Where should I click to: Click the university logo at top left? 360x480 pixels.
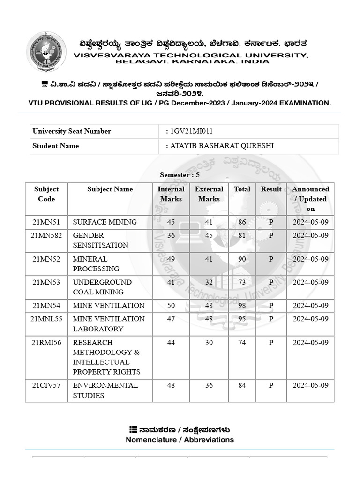45,52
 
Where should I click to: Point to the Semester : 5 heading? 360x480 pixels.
180,175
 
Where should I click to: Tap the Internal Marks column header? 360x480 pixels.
171,194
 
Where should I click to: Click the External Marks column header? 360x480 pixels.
209,194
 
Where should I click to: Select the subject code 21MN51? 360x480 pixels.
46,222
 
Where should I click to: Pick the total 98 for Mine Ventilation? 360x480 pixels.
242,306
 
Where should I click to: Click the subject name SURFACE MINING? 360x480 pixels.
105,222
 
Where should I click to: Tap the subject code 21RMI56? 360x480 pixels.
46,343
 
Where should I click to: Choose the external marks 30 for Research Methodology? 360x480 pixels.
209,343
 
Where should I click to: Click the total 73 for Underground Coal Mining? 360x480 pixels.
242,282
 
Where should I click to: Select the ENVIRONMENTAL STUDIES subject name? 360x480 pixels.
105,390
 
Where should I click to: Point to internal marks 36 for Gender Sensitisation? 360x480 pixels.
171,235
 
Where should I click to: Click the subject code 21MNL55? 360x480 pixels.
46,319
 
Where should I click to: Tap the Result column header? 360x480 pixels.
271,189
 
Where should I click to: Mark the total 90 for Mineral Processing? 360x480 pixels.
242,259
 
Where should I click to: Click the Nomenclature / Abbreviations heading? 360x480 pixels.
180,440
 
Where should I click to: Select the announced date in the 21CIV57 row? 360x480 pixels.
310,385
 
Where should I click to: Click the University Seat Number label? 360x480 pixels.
72,131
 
